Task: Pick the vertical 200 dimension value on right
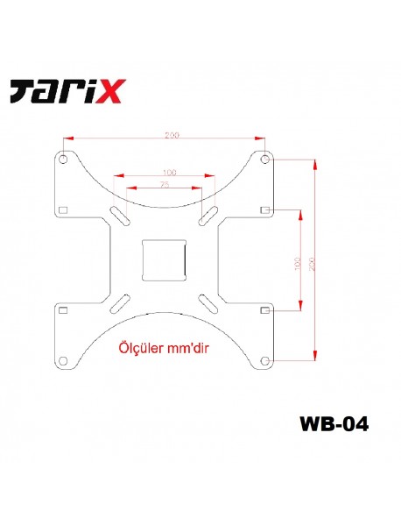click(x=312, y=260)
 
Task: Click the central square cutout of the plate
click(x=165, y=259)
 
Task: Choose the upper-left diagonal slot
click(x=118, y=216)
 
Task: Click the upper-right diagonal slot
click(x=210, y=215)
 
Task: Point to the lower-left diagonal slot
click(x=118, y=302)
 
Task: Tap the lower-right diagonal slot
click(x=210, y=302)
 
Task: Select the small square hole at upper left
click(x=65, y=209)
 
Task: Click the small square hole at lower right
click(x=264, y=310)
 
